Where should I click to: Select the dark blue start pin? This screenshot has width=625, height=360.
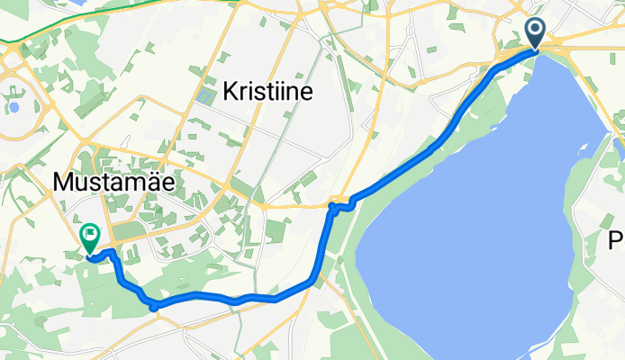(x=535, y=34)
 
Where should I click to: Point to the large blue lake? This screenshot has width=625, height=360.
(x=486, y=207)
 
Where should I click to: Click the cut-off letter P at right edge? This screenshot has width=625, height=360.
(x=618, y=241)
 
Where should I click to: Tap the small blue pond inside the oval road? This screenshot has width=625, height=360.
(x=14, y=108)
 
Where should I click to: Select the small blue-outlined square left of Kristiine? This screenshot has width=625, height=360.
(x=203, y=93)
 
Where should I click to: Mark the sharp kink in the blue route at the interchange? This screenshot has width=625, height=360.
(x=332, y=208)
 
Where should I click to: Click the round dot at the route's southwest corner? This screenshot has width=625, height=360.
(x=154, y=306)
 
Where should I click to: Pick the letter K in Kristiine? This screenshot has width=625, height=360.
(x=229, y=90)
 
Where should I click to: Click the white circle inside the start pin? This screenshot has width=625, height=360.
(x=535, y=31)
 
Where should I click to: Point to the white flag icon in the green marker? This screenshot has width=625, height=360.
(x=90, y=235)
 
